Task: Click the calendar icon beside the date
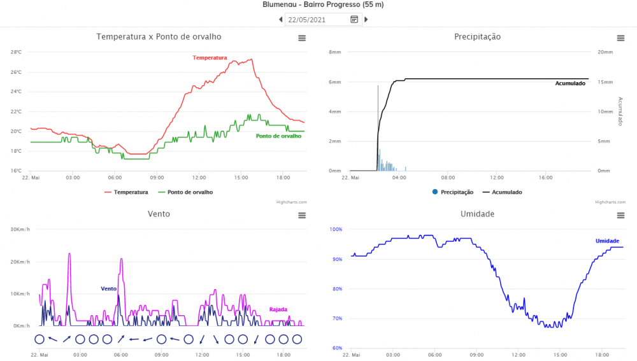[x=354, y=20]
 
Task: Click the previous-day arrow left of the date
[x=281, y=20]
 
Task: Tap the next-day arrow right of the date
[x=366, y=20]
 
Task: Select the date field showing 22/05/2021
[x=317, y=20]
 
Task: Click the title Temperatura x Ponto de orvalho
[x=159, y=37]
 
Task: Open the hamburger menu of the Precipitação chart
[x=620, y=38]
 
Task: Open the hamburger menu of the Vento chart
[x=302, y=215]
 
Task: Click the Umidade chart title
[x=477, y=214]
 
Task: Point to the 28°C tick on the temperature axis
[x=16, y=52]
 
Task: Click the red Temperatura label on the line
[x=210, y=58]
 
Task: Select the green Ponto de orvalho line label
[x=278, y=136]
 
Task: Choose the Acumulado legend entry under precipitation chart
[x=502, y=192]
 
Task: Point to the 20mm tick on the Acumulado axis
[x=605, y=52]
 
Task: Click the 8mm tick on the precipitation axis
[x=335, y=52]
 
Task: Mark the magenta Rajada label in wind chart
[x=278, y=309]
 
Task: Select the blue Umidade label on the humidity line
[x=607, y=241]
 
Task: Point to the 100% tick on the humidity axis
[x=336, y=229]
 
